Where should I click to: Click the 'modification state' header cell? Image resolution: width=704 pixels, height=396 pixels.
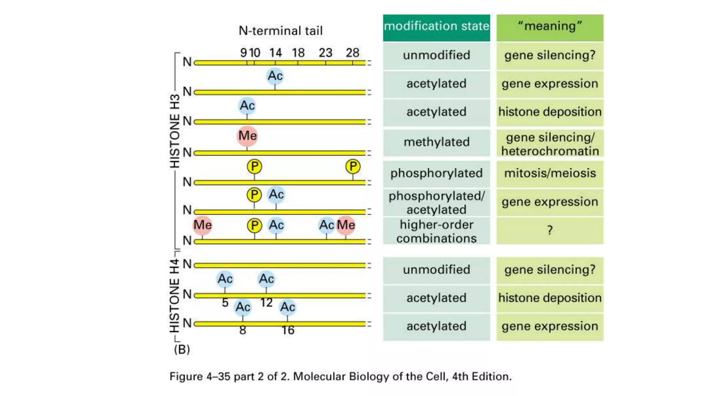[436, 26]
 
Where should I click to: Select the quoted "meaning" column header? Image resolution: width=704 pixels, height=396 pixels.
[550, 26]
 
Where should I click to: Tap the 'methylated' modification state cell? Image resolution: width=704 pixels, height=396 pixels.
[436, 142]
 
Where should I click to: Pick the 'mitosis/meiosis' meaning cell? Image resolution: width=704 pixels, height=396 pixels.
[550, 173]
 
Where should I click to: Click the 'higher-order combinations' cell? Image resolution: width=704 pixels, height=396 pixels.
[436, 231]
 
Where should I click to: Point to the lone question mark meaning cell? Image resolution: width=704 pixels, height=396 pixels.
[550, 230]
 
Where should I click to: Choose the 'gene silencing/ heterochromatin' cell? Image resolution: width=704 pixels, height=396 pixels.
[550, 144]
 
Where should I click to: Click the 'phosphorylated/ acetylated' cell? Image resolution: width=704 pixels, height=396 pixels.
[436, 202]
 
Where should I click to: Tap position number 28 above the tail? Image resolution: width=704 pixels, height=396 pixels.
[352, 53]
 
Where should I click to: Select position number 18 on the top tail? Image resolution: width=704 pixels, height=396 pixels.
[298, 53]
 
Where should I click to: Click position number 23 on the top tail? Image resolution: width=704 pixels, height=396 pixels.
[325, 53]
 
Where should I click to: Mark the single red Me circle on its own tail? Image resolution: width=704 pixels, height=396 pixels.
[247, 136]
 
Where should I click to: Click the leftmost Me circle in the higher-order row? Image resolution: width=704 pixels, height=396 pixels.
[202, 225]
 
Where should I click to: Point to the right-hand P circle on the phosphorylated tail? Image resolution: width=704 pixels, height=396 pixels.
[353, 167]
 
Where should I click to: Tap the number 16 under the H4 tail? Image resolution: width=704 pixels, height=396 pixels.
[288, 330]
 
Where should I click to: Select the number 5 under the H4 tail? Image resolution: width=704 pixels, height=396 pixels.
[225, 303]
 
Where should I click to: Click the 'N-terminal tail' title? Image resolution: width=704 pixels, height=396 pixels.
[280, 31]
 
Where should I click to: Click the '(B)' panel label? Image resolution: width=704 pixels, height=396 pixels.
[182, 350]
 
